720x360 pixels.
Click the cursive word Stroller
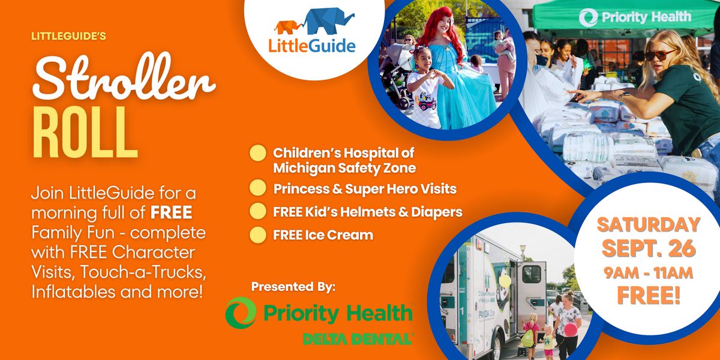(x=124, y=77)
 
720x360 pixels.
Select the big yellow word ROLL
(x=85, y=132)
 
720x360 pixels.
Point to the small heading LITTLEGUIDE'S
(x=68, y=36)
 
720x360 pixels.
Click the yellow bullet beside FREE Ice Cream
(x=258, y=235)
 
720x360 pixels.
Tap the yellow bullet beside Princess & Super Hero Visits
(x=258, y=188)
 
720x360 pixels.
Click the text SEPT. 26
(x=649, y=248)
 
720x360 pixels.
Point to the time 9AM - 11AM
(x=649, y=273)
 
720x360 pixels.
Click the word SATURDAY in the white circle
(x=649, y=224)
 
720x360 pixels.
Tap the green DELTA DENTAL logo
(x=358, y=339)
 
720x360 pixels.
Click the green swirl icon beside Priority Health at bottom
(x=241, y=313)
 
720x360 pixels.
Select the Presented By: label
(x=293, y=287)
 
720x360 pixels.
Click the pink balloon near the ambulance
(x=571, y=330)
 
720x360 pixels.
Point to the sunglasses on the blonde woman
(x=661, y=55)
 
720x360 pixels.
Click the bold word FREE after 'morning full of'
(x=172, y=212)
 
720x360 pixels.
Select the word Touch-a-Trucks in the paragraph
(x=143, y=272)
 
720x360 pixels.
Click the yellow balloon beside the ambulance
(x=505, y=281)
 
